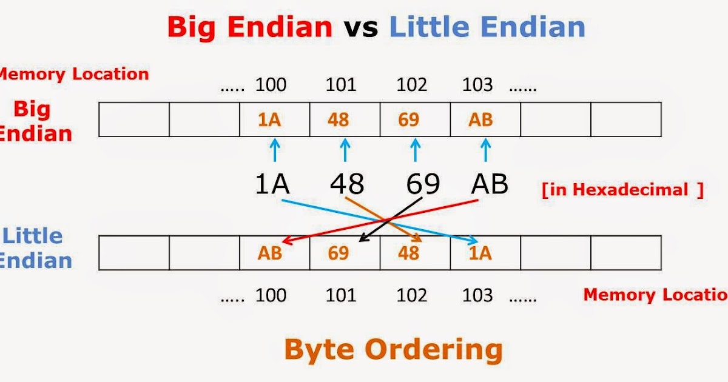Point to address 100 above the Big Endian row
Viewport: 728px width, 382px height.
pos(271,85)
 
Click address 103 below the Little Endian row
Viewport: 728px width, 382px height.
pos(477,295)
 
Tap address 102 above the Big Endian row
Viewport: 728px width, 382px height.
pos(411,85)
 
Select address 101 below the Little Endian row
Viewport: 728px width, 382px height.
pos(341,295)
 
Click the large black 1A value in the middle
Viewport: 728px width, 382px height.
pos(272,184)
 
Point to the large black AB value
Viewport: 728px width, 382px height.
pos(489,184)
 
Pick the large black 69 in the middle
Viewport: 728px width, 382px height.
pos(423,184)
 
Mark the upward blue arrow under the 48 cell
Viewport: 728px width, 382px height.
pos(345,150)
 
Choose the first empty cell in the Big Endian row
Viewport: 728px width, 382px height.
pos(134,119)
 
